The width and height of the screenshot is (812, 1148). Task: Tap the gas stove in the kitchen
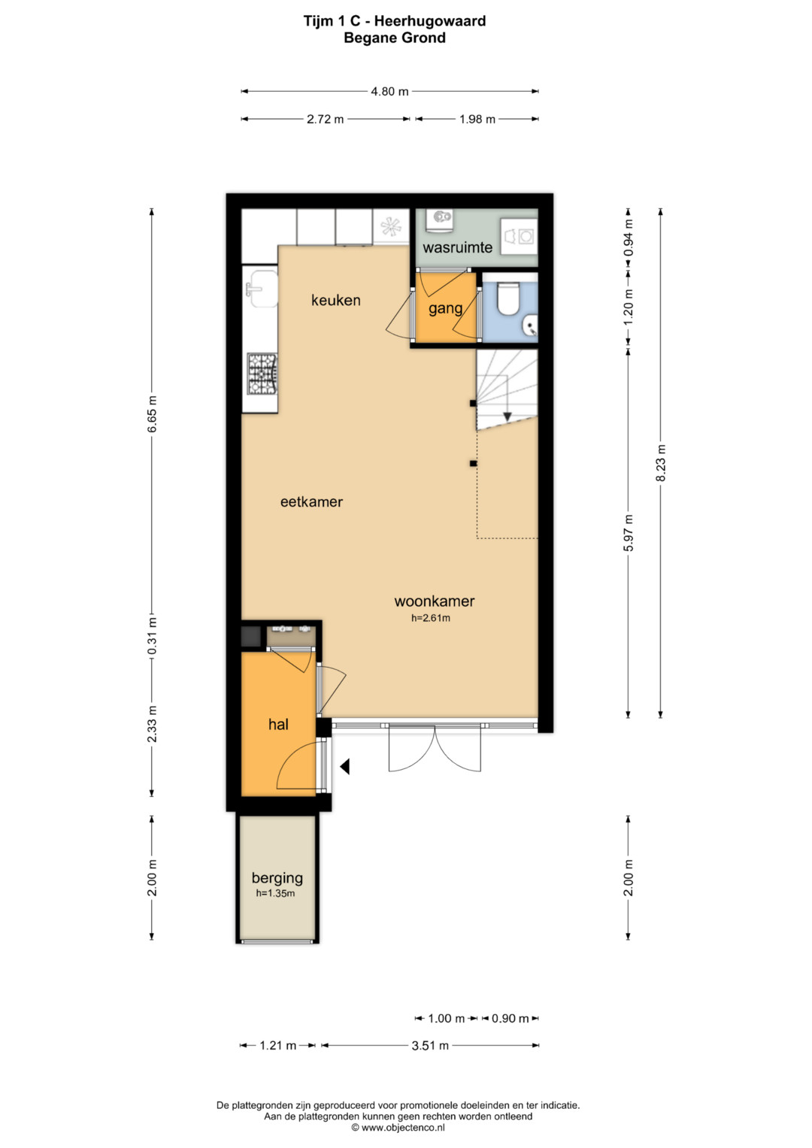tap(263, 374)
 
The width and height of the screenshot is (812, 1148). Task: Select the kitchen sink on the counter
tap(262, 289)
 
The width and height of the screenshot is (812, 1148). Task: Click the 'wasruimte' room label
tap(457, 247)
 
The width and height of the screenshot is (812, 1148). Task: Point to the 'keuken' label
tap(336, 300)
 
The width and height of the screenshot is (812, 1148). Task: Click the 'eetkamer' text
tap(312, 501)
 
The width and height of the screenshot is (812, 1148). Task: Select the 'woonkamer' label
tap(435, 601)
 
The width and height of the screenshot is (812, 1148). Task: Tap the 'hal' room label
tap(278, 724)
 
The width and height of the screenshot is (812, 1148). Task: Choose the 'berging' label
tap(277, 879)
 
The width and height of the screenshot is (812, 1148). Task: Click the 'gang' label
tap(445, 308)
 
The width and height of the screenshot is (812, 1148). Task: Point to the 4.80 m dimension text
tap(389, 92)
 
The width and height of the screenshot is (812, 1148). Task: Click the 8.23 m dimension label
tap(661, 463)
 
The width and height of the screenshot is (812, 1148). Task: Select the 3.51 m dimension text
tap(430, 1046)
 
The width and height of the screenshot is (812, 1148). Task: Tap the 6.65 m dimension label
tap(152, 414)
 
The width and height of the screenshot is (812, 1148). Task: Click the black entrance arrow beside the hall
tap(345, 767)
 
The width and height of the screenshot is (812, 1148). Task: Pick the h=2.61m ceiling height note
tap(431, 618)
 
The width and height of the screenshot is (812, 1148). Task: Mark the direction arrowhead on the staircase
tap(507, 416)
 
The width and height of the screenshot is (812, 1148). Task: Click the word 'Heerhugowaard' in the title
tap(430, 22)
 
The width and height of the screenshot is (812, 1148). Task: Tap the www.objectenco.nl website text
tap(403, 1128)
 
